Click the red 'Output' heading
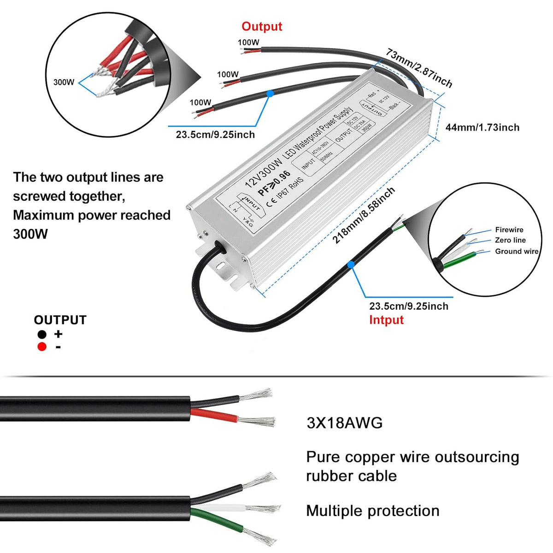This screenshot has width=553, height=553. point(261,27)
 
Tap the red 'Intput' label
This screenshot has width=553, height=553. point(386,320)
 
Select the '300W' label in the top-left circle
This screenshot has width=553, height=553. point(64,82)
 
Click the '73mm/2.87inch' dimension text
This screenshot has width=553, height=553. point(419,68)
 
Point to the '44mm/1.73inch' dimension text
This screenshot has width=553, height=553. point(482,128)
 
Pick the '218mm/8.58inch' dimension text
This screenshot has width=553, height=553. point(364,215)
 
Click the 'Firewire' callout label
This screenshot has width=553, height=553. point(509,229)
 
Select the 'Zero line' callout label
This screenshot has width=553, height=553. point(510,240)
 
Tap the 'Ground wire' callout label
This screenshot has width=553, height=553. point(517,251)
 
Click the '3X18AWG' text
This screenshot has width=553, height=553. point(345,423)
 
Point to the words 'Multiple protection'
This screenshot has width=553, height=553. point(372,511)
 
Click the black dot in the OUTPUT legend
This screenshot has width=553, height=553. point(42,334)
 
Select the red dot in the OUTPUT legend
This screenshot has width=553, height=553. point(42,347)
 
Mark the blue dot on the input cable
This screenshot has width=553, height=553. point(351,265)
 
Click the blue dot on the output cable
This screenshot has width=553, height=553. point(270,93)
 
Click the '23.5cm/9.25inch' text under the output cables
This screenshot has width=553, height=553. point(215,135)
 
